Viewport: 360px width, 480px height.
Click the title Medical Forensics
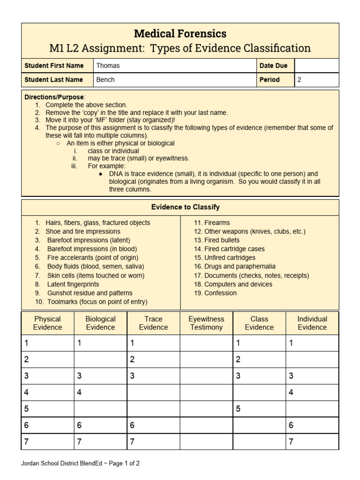tap(180, 34)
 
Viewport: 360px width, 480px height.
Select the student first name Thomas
tap(108, 66)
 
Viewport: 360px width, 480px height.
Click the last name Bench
tap(105, 80)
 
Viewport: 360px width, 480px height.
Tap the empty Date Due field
tap(317, 66)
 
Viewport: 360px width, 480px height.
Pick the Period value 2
tap(300, 80)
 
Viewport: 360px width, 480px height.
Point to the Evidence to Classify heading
tap(185, 207)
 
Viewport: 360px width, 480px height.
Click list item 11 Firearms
tap(212, 223)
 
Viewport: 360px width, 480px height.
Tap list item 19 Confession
tap(216, 293)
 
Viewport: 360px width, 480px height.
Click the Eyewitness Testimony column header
tap(206, 323)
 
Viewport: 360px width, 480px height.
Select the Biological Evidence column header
tap(100, 323)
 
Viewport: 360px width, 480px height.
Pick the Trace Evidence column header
tap(153, 323)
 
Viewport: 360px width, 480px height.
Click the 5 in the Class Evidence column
tap(238, 409)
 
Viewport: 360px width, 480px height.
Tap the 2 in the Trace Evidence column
tap(132, 360)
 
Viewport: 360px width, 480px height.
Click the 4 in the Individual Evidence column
tap(291, 392)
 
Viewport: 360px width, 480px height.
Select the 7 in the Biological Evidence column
tap(79, 442)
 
